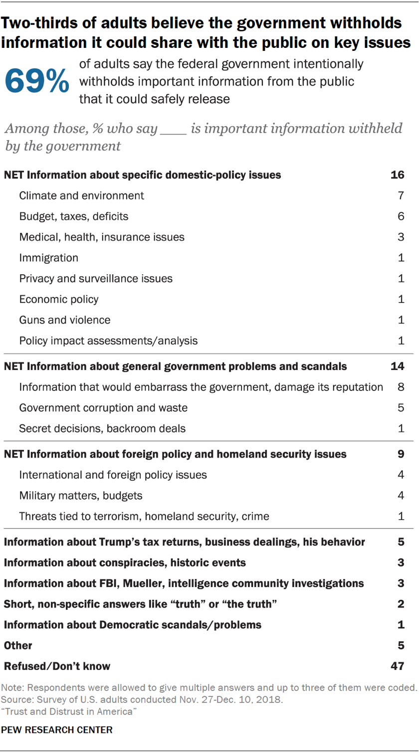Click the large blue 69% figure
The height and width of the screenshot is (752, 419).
pyautogui.click(x=37, y=82)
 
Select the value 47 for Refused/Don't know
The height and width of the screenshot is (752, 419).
pyautogui.click(x=398, y=666)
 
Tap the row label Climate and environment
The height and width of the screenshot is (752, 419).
pyautogui.click(x=81, y=195)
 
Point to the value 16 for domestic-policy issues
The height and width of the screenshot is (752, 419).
pyautogui.click(x=398, y=175)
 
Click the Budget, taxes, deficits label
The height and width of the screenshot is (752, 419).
pyautogui.click(x=74, y=216)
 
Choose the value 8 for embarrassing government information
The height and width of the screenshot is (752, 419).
pyautogui.click(x=401, y=387)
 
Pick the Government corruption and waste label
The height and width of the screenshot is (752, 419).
pyautogui.click(x=103, y=408)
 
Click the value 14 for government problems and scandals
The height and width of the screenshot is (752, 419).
pyautogui.click(x=398, y=367)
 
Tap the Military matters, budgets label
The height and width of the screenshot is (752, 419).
pyautogui.click(x=81, y=496)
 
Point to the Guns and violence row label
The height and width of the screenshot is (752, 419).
pyautogui.click(x=65, y=320)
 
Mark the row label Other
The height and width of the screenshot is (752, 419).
pyautogui.click(x=18, y=646)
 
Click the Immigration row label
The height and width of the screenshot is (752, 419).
pyautogui.click(x=49, y=258)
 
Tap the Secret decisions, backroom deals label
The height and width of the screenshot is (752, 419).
pyautogui.click(x=102, y=428)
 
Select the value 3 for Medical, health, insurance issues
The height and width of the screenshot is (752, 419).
pyautogui.click(x=401, y=237)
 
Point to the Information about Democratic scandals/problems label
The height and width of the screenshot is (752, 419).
pyautogui.click(x=133, y=625)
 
